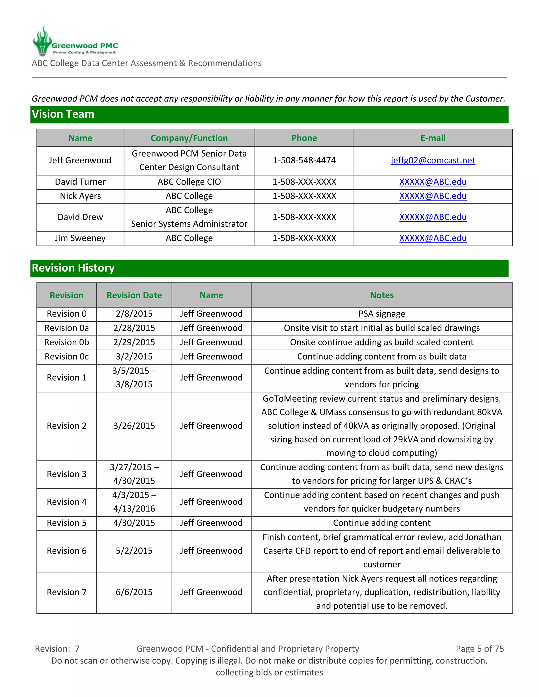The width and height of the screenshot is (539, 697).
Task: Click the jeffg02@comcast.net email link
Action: click(x=433, y=160)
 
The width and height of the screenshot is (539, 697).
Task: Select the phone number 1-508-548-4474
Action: click(x=304, y=160)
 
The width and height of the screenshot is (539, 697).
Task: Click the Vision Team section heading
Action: click(x=63, y=114)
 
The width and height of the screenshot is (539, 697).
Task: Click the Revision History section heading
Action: click(x=73, y=268)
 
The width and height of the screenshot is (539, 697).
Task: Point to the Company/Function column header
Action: click(x=189, y=138)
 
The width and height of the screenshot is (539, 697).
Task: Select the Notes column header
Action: click(x=382, y=295)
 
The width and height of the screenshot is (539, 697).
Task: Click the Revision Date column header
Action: click(x=134, y=295)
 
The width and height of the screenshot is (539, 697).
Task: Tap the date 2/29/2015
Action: click(x=134, y=342)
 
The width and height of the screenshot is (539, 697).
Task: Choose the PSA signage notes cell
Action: click(x=382, y=314)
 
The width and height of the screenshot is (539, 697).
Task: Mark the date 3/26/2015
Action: click(x=134, y=426)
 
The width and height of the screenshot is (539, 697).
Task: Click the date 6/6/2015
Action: click(x=134, y=592)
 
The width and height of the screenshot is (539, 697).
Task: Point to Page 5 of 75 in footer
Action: click(x=480, y=649)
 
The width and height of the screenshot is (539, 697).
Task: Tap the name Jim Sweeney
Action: click(x=80, y=238)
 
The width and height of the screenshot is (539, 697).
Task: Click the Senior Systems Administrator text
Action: click(x=189, y=224)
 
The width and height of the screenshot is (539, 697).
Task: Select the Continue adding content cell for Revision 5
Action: click(x=382, y=523)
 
